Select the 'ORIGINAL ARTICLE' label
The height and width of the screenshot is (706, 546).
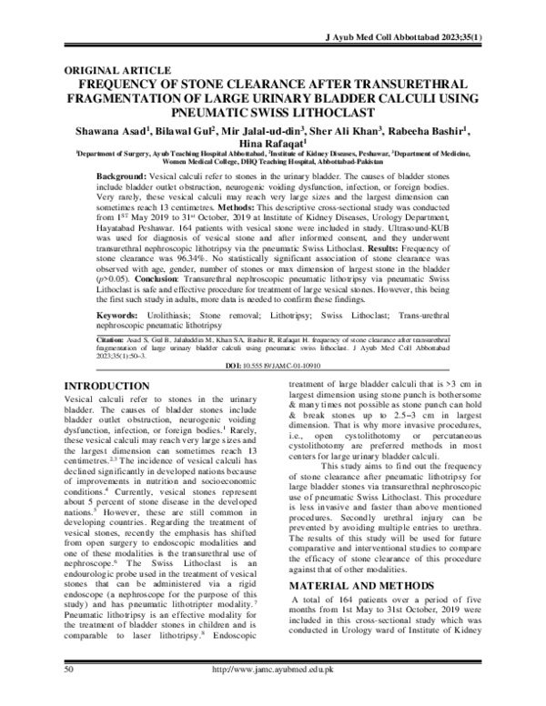pyautogui.click(x=115, y=70)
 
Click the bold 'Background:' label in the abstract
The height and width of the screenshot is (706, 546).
pyautogui.click(x=129, y=174)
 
